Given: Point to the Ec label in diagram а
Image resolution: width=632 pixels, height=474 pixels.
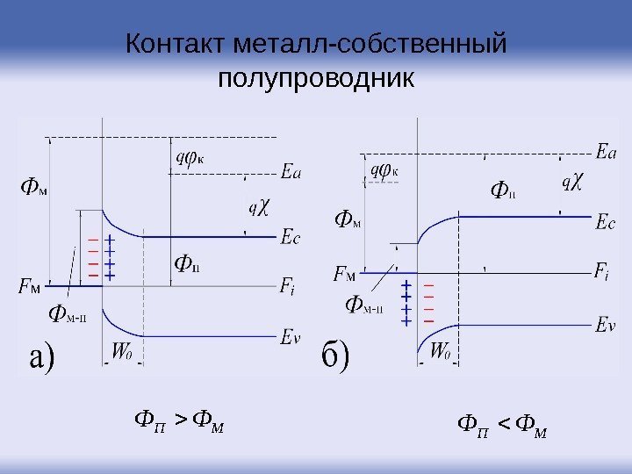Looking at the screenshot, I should click(291, 237).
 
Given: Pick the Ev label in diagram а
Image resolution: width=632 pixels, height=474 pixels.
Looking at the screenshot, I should click(291, 334).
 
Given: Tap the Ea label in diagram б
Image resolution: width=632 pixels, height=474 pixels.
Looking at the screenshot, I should click(605, 152).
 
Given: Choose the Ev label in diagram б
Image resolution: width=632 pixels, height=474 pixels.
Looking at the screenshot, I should click(605, 325).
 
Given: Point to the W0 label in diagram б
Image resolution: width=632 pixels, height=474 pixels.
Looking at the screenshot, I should click(441, 352).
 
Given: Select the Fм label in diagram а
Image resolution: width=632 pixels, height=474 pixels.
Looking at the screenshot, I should click(30, 286).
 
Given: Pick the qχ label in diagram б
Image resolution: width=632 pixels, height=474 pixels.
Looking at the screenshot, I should click(571, 183).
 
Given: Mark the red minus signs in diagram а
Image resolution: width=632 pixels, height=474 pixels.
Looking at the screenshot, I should click(93, 257).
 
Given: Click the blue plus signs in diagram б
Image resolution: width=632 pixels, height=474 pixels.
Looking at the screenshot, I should click(406, 303).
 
